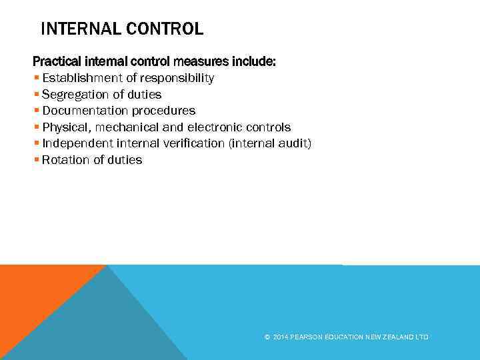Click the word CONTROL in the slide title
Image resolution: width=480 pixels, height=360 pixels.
pos(166,29)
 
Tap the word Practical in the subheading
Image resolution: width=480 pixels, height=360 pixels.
pos(59,62)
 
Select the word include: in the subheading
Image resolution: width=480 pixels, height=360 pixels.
pos(253,62)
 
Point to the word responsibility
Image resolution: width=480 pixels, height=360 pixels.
pos(179,79)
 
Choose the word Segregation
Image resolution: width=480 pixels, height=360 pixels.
pos(76,95)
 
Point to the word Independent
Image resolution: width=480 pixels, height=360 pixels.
pos(77,143)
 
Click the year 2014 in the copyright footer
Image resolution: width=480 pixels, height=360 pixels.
pos(280,337)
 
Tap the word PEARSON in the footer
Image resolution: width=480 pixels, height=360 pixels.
pos(306,337)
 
